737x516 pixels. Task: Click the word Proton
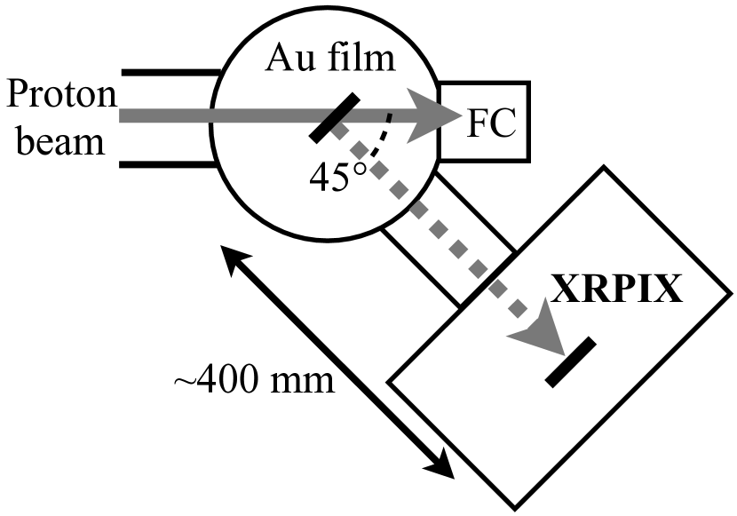tap(59, 93)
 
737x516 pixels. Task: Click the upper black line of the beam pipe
tap(169, 70)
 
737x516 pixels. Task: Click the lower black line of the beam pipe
tap(169, 164)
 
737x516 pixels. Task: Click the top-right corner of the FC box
tap(530, 83)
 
